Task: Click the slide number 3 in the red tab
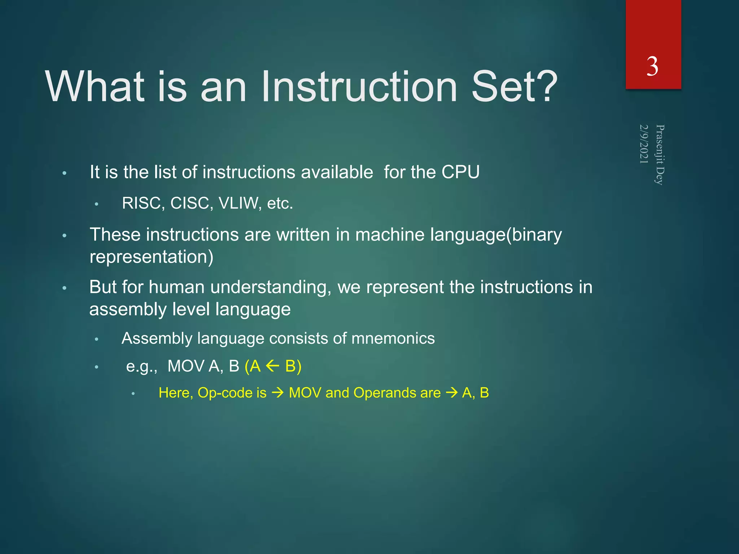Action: tap(652, 67)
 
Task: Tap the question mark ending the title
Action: tap(545, 87)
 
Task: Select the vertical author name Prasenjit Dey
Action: tap(660, 155)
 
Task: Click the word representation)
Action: tap(151, 257)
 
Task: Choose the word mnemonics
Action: tap(393, 339)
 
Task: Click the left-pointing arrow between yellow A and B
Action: tap(272, 366)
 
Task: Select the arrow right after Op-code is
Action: tap(277, 393)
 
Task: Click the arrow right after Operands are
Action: tap(451, 393)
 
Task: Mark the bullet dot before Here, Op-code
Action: tap(133, 394)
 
